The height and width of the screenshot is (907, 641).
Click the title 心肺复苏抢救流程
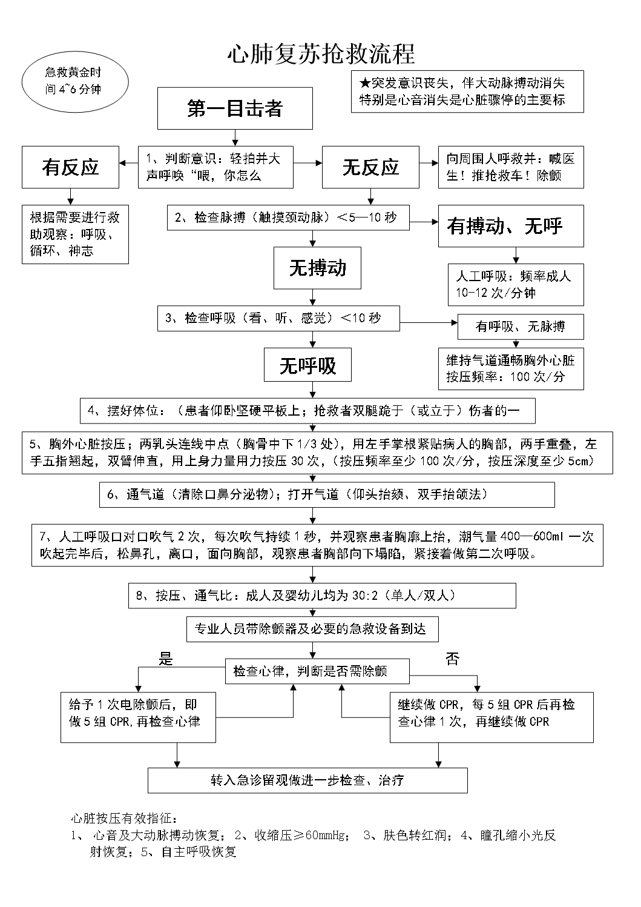point(320,54)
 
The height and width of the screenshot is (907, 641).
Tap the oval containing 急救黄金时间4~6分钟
point(74,81)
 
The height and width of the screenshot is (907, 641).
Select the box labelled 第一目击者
point(235,108)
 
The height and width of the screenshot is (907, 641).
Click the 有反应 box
point(70,167)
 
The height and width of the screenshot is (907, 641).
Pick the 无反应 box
point(370,167)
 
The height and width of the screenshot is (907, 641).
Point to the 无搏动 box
point(317,268)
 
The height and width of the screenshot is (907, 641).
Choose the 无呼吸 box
point(307,365)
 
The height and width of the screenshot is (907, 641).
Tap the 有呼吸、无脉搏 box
point(521,327)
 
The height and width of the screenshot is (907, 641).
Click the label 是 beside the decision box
point(165,659)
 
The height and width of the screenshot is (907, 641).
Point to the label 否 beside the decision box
point(452,659)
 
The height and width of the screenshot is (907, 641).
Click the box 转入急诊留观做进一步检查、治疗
point(307,780)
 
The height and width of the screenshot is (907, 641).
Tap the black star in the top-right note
point(364,82)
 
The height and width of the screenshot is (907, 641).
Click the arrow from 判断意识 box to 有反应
point(128,164)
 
